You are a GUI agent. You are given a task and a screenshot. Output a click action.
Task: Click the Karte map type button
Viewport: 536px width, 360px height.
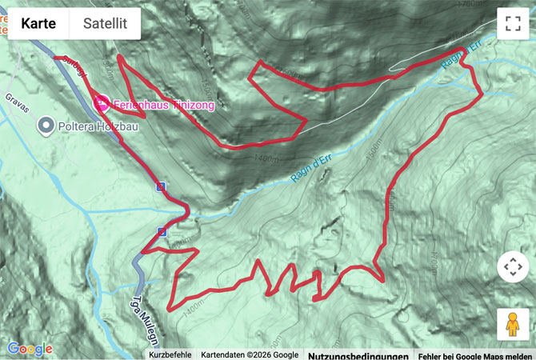tap(38, 24)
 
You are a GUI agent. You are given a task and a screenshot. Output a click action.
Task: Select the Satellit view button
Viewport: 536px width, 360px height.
tap(105, 24)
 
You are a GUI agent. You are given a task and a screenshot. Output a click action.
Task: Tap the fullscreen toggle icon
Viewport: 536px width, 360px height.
tap(513, 23)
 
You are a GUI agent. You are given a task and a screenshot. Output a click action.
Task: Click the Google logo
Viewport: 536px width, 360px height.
tap(30, 349)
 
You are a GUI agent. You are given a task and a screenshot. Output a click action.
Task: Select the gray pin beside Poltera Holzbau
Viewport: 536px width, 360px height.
tap(46, 125)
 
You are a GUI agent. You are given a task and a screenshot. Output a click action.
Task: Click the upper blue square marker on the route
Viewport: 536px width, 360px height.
tap(161, 186)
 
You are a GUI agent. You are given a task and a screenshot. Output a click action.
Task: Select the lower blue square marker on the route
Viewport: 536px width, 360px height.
tap(162, 232)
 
